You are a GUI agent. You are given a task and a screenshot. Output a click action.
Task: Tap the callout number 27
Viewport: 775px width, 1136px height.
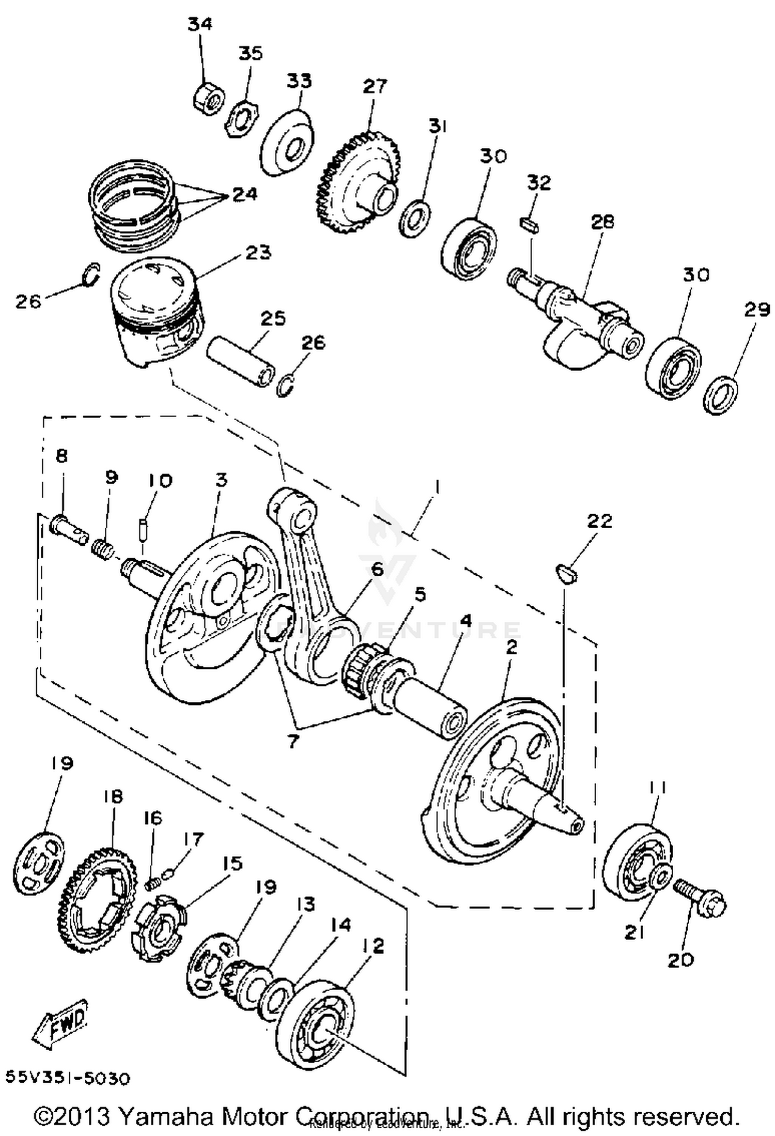coord(374,86)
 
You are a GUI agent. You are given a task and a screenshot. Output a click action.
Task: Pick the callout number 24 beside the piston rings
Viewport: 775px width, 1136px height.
coord(244,195)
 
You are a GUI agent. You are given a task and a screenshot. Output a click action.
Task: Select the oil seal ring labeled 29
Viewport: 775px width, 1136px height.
coord(720,395)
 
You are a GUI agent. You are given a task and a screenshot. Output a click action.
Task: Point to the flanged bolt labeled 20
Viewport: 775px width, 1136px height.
coord(700,902)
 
